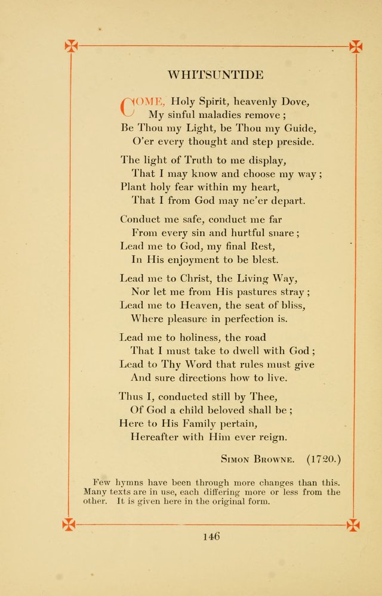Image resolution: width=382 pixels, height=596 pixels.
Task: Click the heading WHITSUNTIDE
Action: coord(215,75)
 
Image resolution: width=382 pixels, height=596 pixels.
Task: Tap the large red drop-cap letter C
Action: coord(127,106)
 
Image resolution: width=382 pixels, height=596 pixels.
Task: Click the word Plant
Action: coord(134,187)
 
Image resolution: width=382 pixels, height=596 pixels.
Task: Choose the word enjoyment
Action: coord(196,260)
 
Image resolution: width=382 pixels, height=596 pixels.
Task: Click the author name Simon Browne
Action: coord(257,460)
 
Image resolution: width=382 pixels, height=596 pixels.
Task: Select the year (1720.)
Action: coord(324,459)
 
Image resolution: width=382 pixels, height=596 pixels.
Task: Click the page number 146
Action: coord(211,536)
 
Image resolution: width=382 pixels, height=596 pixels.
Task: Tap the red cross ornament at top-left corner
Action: coord(71,46)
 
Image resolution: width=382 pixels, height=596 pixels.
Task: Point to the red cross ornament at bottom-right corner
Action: coord(353,525)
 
